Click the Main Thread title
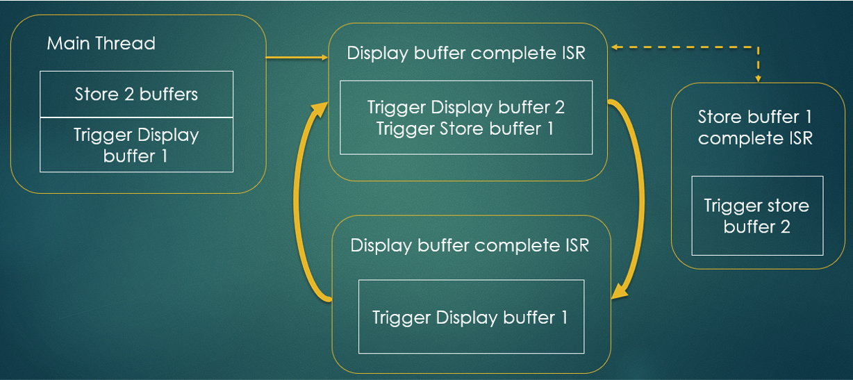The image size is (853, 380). pyautogui.click(x=101, y=44)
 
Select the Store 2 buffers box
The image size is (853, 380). pyautogui.click(x=136, y=94)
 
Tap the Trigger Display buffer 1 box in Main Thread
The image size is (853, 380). pyautogui.click(x=136, y=145)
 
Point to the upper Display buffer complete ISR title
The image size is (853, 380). pyautogui.click(x=466, y=53)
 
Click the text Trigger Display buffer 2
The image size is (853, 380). pyautogui.click(x=466, y=108)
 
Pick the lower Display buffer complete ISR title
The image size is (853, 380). pyautogui.click(x=470, y=245)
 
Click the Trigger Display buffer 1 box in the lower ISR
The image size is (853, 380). pyautogui.click(x=471, y=317)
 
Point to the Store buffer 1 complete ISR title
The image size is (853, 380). pyautogui.click(x=755, y=127)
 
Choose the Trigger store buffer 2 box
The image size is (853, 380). pyautogui.click(x=757, y=215)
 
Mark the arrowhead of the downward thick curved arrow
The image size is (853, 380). pyautogui.click(x=620, y=292)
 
